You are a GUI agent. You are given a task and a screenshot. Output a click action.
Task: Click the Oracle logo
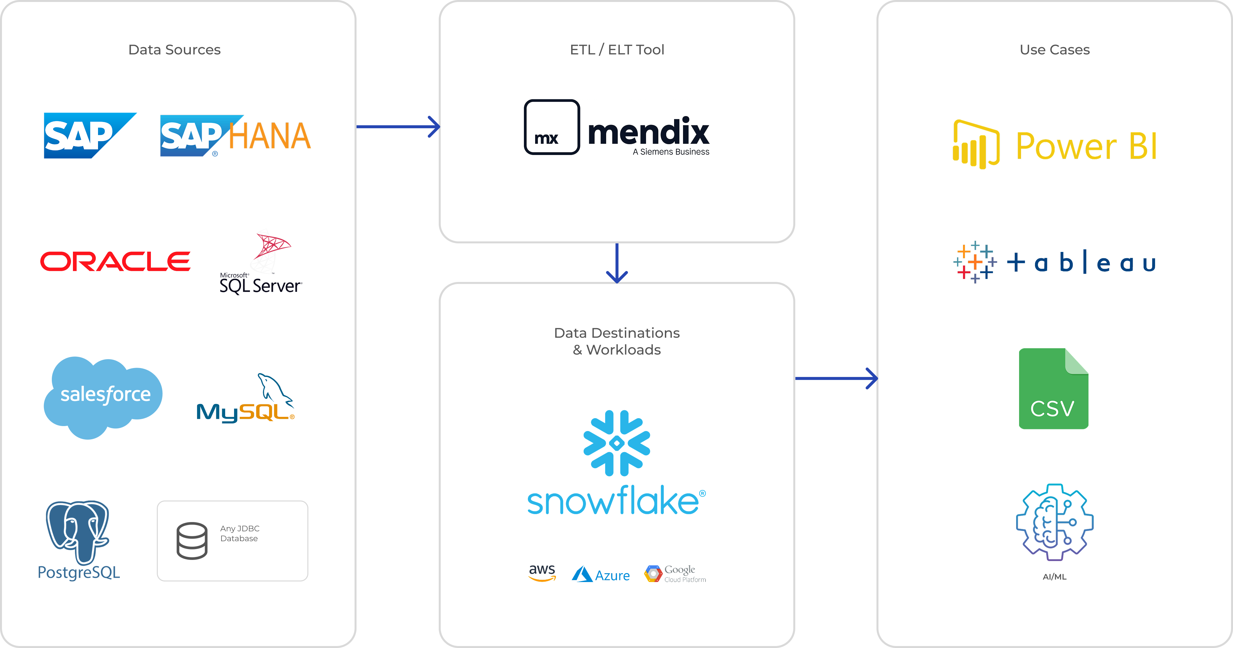115,262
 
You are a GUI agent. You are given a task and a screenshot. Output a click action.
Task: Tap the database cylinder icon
192,541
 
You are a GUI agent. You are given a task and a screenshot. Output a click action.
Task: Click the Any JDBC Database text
240,533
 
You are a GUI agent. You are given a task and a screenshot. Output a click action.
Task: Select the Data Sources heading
174,50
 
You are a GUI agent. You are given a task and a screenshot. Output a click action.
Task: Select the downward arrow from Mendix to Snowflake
617,263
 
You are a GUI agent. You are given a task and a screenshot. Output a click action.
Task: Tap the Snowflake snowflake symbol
617,443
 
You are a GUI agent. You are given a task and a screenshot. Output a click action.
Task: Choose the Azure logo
601,574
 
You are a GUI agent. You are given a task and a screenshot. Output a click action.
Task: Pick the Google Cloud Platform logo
675,574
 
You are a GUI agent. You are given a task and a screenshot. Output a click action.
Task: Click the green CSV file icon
1053,389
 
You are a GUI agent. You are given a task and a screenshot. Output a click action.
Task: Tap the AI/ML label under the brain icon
1054,577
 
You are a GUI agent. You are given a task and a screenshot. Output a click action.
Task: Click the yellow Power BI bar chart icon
976,144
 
